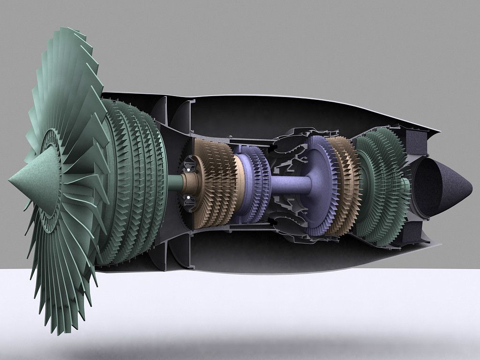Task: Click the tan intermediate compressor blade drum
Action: point(213,183)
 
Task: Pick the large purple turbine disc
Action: point(316,185)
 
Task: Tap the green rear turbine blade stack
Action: point(380,185)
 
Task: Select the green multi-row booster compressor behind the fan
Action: point(136,183)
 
